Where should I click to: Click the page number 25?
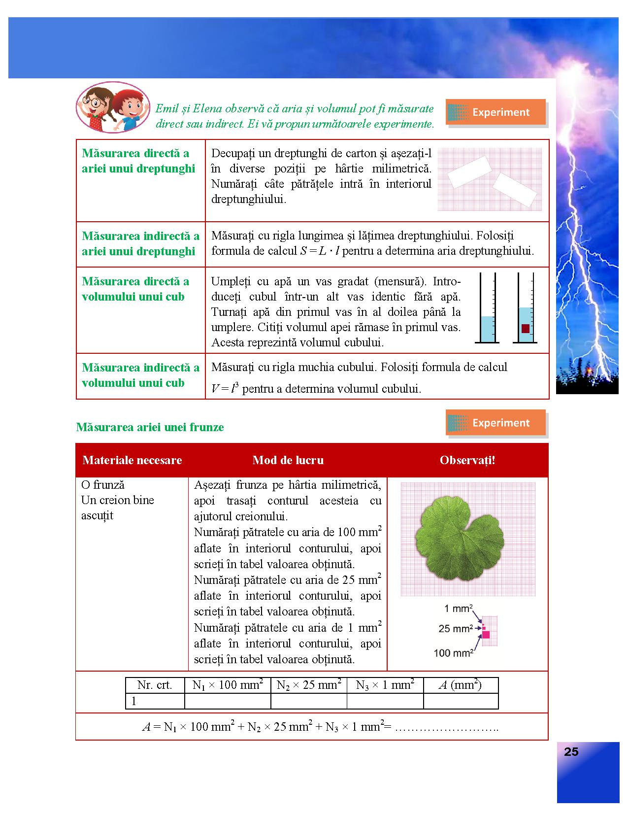571,752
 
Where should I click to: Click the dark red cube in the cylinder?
526,329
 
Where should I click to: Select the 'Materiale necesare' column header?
132,460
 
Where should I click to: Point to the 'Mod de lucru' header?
288,460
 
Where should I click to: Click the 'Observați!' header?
467,460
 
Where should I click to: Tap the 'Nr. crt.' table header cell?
155,685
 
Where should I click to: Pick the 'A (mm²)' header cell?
460,685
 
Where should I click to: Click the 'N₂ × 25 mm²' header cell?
309,685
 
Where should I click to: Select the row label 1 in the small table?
134,701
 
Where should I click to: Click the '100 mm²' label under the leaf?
453,653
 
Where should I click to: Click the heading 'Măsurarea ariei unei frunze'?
150,427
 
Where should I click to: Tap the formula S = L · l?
320,251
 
